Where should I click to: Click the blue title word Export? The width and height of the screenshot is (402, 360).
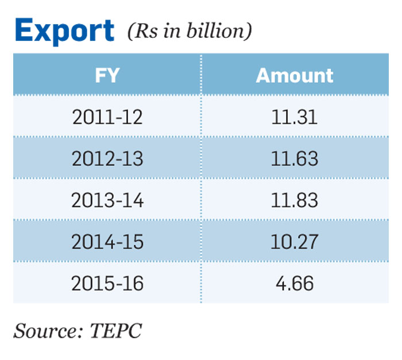64,31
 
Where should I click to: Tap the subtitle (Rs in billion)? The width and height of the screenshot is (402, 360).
190,31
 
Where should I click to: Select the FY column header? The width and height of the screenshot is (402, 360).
107,75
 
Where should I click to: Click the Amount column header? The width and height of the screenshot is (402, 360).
295,75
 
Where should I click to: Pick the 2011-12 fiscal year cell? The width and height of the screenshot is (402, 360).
107,117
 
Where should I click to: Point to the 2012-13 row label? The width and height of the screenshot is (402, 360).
107,158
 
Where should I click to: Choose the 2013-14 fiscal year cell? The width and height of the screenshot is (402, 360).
107,200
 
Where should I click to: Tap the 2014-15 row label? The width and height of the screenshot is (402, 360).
107,242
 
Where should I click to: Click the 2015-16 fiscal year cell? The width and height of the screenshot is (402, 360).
107,283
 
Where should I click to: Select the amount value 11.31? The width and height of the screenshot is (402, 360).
295,117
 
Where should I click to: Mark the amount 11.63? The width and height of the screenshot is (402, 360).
295,158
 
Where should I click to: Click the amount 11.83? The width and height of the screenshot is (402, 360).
295,200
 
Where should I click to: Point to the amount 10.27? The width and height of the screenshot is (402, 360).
295,242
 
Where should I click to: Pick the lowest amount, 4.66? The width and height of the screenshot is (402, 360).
295,283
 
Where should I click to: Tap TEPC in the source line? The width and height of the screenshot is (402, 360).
115,331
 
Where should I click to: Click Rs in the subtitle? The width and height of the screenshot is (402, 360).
146,31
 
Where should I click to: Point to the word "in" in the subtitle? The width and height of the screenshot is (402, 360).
172,31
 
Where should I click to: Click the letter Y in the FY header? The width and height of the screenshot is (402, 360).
113,75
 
